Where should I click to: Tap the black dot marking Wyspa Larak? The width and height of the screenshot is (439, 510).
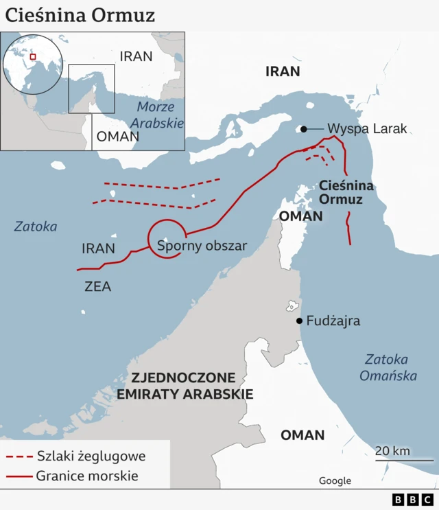pos(303,129)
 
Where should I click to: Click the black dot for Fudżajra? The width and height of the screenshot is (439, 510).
pos(299,321)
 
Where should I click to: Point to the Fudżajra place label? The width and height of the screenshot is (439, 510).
pos(333,321)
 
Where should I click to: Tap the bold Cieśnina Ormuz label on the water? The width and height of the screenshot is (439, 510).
pos(346,192)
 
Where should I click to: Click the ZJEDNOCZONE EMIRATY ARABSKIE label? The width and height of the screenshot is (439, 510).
pos(185,386)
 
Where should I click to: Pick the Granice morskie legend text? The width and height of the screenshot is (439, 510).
pos(87,476)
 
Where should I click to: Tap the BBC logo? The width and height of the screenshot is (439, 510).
pos(413,500)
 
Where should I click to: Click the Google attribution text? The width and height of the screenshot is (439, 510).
pos(335,480)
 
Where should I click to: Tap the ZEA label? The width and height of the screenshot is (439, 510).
pos(97,287)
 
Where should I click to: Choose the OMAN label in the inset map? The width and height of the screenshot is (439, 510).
pos(117,136)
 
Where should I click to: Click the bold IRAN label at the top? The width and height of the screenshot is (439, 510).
pos(283,71)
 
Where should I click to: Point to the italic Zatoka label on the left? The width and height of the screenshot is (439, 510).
pos(36,227)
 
